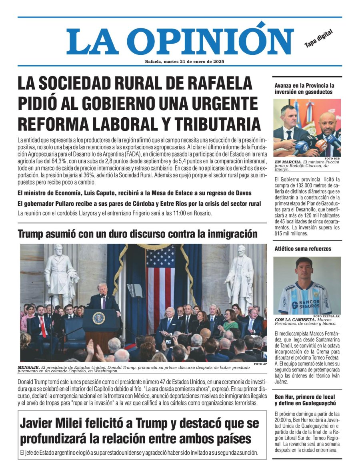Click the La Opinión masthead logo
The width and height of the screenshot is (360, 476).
tap(180, 41)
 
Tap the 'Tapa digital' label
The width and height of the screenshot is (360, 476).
tap(318, 39)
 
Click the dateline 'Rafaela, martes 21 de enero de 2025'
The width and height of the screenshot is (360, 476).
tap(184, 62)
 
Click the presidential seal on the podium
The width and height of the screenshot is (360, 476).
tap(99, 318)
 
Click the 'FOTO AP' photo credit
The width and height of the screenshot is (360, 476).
tap(260, 364)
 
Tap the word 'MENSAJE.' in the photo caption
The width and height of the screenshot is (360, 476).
tap(28, 367)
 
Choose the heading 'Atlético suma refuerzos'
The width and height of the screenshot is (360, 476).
tap(303, 249)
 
